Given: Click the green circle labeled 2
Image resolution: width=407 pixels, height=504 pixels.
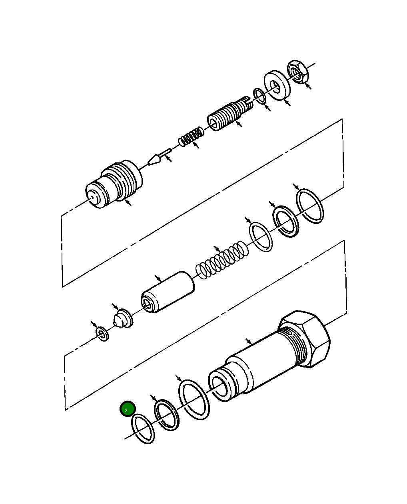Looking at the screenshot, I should click(x=128, y=409).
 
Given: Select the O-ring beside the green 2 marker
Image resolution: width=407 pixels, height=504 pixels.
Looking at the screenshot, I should click(x=143, y=429).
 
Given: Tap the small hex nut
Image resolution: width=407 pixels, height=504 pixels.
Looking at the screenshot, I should click(x=297, y=71).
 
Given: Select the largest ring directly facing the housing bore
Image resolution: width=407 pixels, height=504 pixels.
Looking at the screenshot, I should click(x=194, y=400).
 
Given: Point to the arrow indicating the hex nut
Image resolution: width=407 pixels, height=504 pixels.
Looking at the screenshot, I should click(x=308, y=86).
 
